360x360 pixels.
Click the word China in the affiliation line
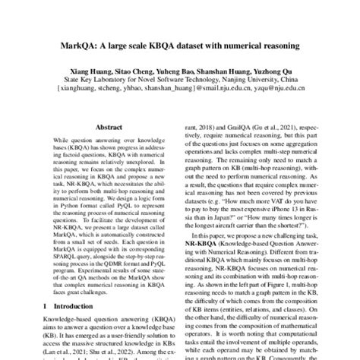281,77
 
